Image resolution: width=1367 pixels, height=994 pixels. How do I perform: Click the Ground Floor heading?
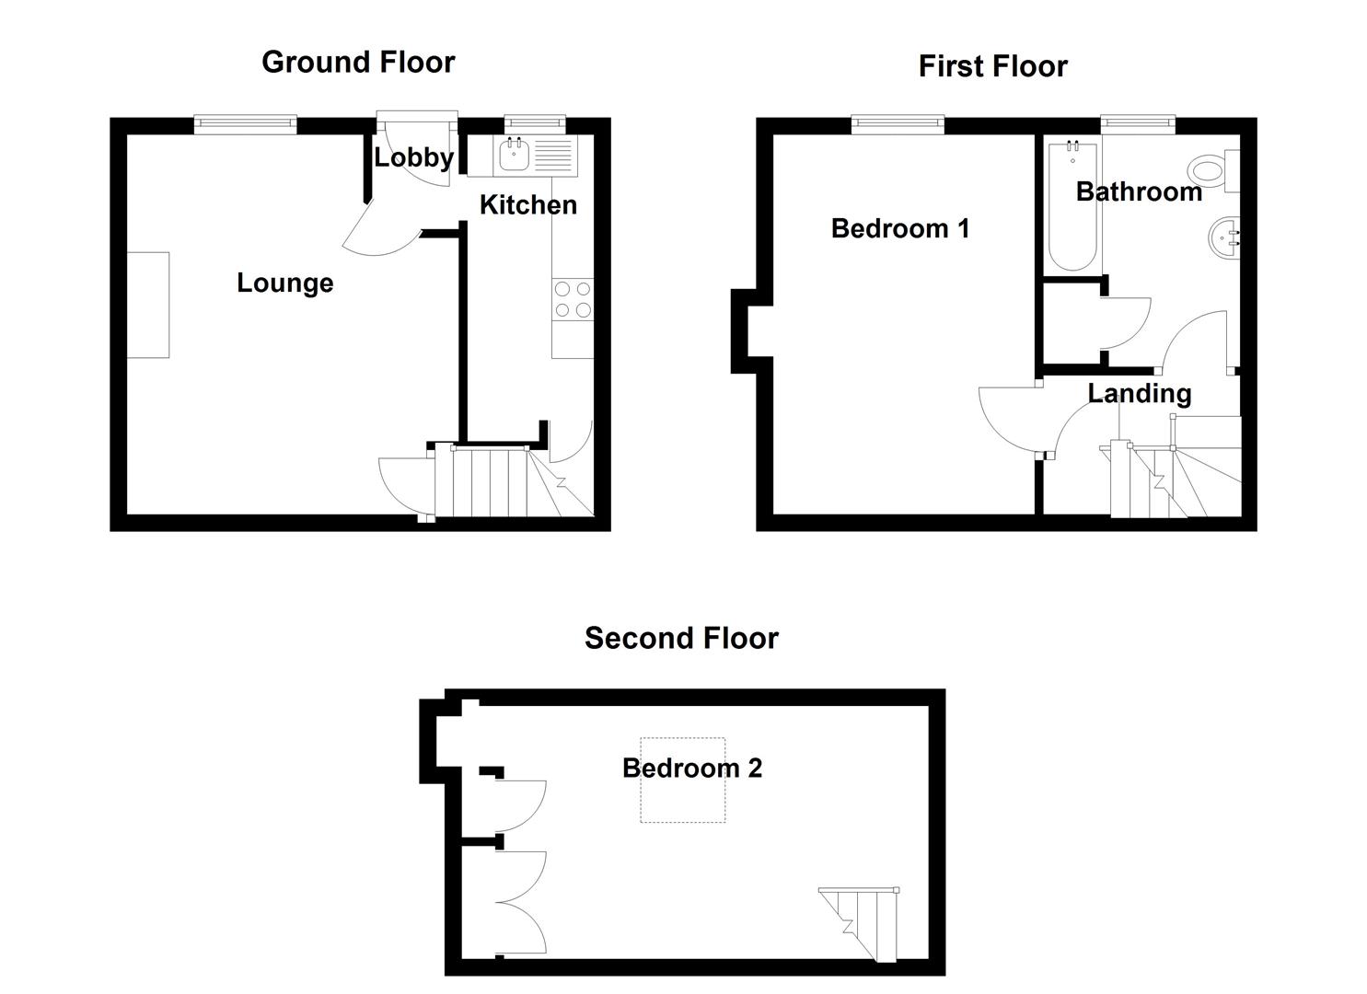358,63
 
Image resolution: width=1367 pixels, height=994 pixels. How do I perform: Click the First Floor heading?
992,66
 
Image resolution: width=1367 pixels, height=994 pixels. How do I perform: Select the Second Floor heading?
681,638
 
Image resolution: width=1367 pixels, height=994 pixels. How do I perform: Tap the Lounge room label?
284,283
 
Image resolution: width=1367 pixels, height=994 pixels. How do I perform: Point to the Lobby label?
413,157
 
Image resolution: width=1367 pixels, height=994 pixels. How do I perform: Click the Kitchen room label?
527,204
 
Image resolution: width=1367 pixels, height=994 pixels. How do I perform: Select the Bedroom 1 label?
899,228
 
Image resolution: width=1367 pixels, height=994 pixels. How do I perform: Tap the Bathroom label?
1138,191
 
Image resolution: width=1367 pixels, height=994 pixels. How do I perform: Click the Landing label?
1139,393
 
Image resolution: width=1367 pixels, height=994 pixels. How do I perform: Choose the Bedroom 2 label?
691,768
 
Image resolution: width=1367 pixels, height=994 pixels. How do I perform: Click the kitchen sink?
513,156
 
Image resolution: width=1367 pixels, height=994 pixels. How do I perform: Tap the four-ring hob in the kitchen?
573,300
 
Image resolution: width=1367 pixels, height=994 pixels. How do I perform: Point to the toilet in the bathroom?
1210,170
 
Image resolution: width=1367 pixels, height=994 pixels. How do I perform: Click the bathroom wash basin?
1224,237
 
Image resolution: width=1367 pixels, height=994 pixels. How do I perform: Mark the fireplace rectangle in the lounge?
147,305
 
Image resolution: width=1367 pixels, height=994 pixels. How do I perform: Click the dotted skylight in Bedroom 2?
682,780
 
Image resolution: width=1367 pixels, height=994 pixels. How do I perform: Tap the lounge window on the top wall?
245,124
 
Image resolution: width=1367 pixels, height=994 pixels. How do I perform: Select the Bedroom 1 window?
898,124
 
